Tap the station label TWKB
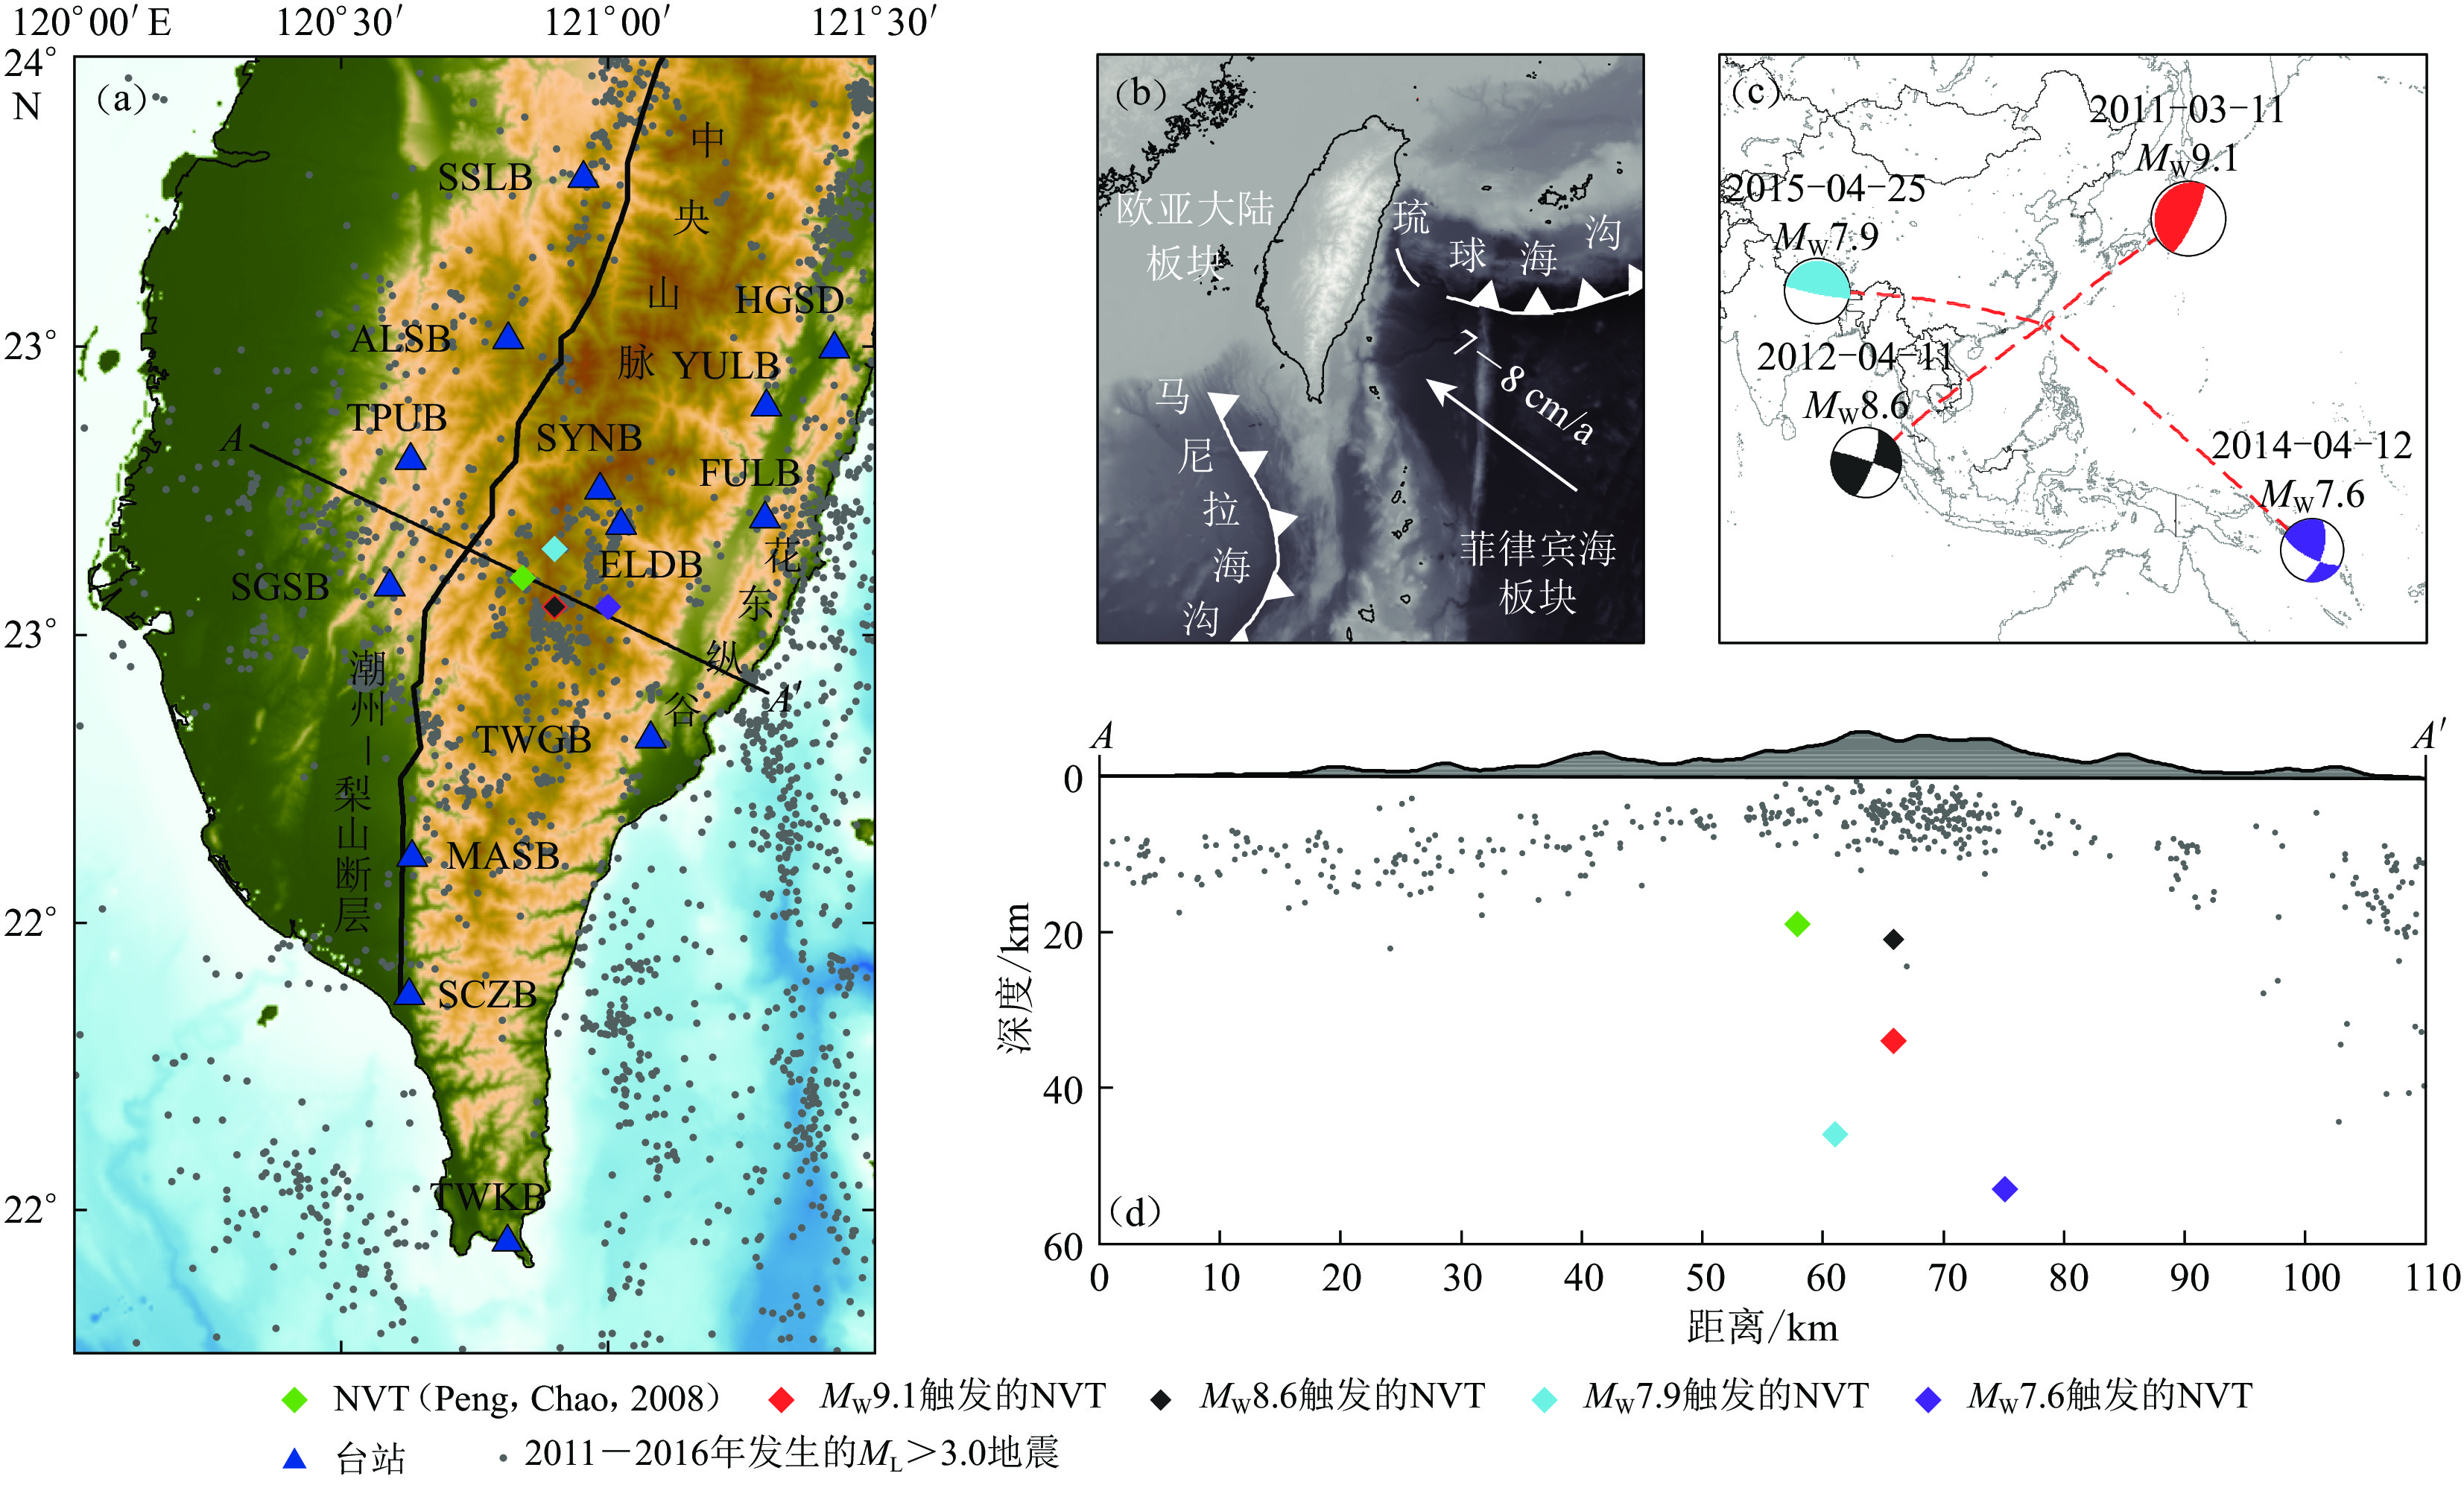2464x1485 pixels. tap(489, 1196)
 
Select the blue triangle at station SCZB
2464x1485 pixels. tap(409, 992)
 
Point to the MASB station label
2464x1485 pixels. tap(502, 856)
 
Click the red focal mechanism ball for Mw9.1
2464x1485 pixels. tap(2188, 218)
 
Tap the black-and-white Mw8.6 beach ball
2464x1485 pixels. tap(1865, 462)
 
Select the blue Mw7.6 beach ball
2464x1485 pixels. tap(2311, 549)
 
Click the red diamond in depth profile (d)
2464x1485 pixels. tap(1893, 1041)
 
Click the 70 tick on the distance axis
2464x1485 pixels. tap(1946, 1278)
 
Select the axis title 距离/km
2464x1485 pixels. tap(1762, 1327)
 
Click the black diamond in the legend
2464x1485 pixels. tap(1160, 1398)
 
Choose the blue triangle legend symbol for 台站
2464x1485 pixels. tap(294, 1458)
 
